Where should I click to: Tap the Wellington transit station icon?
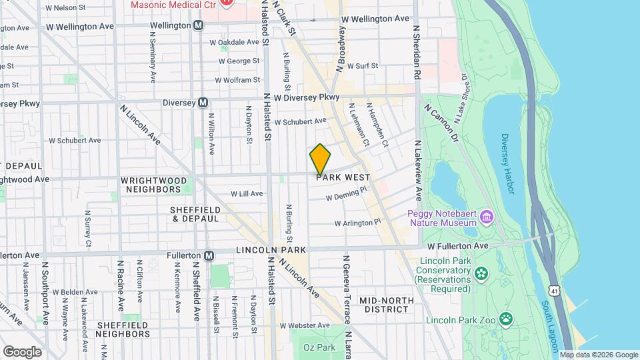pyautogui.click(x=199, y=25)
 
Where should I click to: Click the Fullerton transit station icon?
pyautogui.click(x=209, y=255)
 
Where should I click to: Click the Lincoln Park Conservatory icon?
pyautogui.click(x=481, y=273)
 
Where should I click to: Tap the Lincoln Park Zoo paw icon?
pyautogui.click(x=506, y=319)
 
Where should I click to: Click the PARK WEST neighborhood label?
pyautogui.click(x=343, y=178)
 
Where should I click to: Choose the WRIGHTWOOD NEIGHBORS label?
pyautogui.click(x=153, y=185)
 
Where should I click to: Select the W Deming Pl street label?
pyautogui.click(x=346, y=195)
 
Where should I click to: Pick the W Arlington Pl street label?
pyautogui.click(x=357, y=222)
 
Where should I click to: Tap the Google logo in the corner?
pyautogui.click(x=22, y=351)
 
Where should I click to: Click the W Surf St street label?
pyautogui.click(x=359, y=66)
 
